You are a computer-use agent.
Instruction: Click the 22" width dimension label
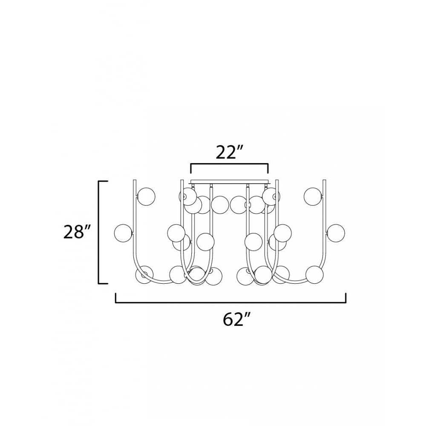[229, 152]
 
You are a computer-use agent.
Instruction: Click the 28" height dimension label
[77, 233]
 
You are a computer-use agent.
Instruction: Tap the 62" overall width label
[236, 319]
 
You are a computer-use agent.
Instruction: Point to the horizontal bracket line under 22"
[229, 164]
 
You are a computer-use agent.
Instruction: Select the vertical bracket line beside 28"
[99, 232]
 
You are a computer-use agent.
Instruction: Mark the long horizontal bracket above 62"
[230, 302]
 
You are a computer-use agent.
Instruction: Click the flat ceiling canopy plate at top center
[229, 182]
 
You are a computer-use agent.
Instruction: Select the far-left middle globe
[124, 232]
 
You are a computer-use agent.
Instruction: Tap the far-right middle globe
[336, 232]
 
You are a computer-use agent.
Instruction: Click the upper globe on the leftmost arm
[146, 196]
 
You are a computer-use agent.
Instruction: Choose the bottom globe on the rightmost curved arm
[314, 274]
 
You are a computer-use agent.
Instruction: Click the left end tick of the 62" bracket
[116, 297]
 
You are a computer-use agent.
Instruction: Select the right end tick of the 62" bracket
[345, 297]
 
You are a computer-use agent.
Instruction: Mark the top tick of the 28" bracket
[103, 181]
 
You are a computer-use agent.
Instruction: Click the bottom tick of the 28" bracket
[103, 283]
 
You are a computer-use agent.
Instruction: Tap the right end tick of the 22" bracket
[268, 168]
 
